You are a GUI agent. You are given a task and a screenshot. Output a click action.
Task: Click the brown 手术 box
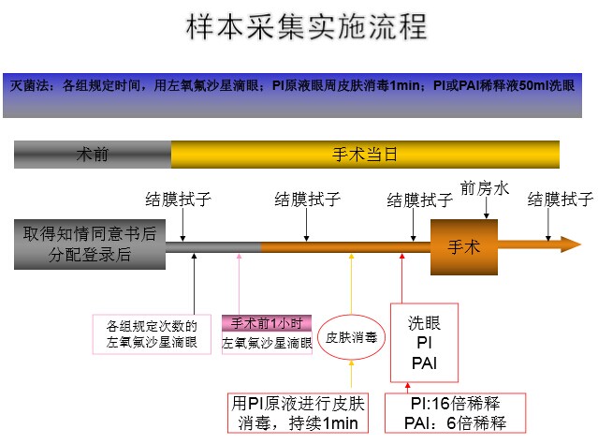(464, 248)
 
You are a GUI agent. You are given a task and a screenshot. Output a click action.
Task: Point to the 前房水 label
(484, 188)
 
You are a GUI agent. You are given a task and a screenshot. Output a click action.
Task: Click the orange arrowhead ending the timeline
(568, 245)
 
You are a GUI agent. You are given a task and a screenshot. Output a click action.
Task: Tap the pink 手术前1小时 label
(267, 323)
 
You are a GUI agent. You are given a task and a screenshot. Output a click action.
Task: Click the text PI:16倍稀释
(456, 404)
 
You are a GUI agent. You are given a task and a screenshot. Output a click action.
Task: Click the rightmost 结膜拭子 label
(560, 200)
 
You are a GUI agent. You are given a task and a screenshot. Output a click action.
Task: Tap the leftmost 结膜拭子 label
(178, 200)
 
